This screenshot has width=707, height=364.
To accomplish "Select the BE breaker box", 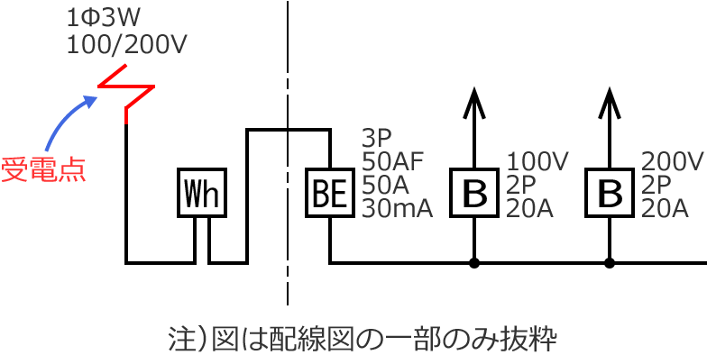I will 330,191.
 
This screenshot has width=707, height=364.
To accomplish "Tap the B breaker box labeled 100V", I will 474,191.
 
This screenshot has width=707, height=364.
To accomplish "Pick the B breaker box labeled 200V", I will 610,191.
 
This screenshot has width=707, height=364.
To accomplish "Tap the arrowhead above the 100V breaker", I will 474,101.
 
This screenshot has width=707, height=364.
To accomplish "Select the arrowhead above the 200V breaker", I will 610,101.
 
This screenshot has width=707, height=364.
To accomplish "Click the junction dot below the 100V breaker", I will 474,263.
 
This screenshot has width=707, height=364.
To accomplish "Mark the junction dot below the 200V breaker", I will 610,263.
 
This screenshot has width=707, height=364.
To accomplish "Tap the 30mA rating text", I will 399,209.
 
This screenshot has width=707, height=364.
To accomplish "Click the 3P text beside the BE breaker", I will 376,139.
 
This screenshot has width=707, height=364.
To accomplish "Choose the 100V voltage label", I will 537,162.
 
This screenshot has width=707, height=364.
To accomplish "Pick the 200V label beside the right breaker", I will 672,162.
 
